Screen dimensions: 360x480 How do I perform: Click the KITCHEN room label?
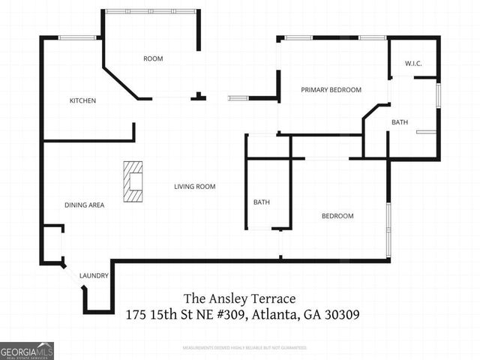coord(82,100)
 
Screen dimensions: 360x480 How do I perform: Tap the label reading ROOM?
coord(153,58)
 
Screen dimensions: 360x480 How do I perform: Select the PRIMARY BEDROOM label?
coord(331,90)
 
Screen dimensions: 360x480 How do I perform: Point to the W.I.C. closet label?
coord(413,63)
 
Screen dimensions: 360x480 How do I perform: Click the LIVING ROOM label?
coord(195,187)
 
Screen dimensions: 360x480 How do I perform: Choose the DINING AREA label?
coord(84,205)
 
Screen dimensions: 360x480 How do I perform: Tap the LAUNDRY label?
coord(94,276)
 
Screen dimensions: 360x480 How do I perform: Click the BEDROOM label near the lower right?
coord(337,216)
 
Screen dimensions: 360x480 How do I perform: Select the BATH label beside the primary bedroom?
coord(400,122)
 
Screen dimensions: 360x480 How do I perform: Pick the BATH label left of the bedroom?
coord(262,202)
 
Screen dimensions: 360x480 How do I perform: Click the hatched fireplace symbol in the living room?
coord(133,182)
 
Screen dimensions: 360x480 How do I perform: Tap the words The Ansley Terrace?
coord(235,298)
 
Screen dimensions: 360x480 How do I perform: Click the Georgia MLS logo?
coord(27,350)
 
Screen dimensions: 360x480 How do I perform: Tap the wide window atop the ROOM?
coord(150,11)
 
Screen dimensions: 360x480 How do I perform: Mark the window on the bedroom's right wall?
coord(388,228)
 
